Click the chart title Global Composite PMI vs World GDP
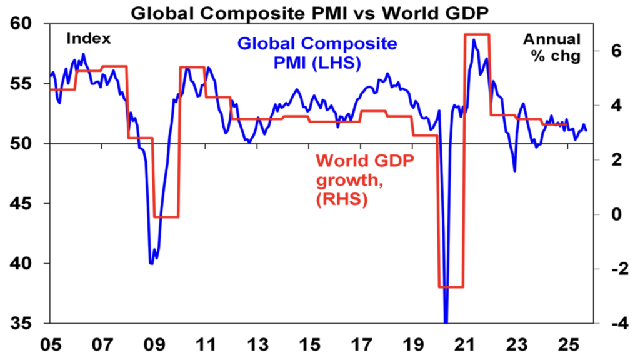(319, 10)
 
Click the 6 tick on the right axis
(616, 51)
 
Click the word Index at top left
(88, 39)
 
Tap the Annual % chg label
(551, 48)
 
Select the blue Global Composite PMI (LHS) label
(317, 54)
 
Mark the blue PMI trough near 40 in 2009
(151, 263)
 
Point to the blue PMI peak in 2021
(474, 40)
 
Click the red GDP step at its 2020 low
(451, 287)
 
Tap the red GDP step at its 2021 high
(477, 34)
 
